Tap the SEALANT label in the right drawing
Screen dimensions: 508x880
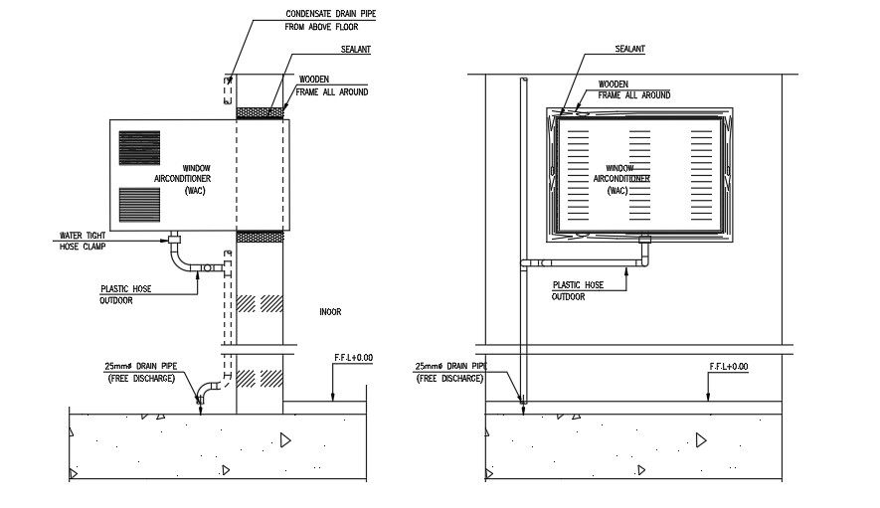point(630,49)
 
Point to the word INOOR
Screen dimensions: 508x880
point(330,312)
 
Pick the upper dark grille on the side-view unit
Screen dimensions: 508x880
point(139,147)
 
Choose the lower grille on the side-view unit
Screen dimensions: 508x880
point(139,204)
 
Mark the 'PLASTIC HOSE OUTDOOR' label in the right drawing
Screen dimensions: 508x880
point(578,290)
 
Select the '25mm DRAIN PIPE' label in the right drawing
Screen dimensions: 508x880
point(449,373)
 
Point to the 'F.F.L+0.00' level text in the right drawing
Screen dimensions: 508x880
point(728,367)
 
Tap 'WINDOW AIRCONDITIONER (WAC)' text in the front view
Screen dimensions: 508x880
point(620,179)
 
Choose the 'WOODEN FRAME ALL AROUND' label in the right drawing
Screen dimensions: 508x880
point(633,89)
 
